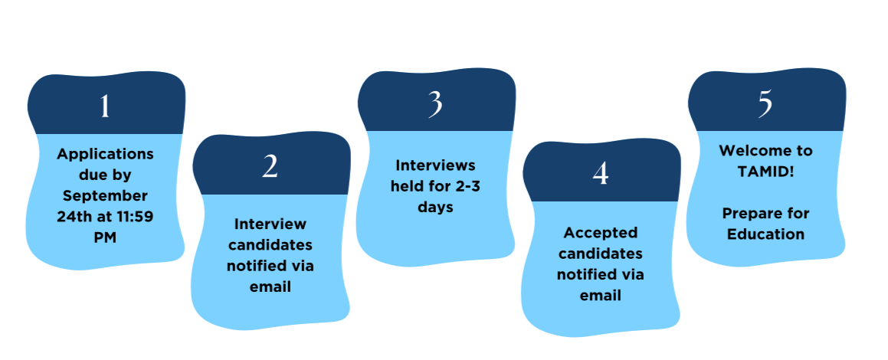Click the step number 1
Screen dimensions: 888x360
(105, 106)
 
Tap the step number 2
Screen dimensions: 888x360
(270, 166)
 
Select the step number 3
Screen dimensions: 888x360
(435, 105)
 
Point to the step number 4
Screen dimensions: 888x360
(601, 174)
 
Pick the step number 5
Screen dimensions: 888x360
(765, 105)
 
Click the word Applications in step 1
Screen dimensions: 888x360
(105, 154)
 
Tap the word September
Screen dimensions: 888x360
(105, 196)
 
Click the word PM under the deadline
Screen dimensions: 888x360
(105, 237)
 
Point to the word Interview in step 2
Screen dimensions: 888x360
(270, 224)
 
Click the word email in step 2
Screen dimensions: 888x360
(270, 286)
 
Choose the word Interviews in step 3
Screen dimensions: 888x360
(435, 165)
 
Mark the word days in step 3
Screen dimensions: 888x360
(435, 208)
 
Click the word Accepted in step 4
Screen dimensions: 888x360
(601, 233)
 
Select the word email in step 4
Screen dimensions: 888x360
(601, 296)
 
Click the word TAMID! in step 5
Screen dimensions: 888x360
(765, 172)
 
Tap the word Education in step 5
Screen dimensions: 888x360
(765, 234)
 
